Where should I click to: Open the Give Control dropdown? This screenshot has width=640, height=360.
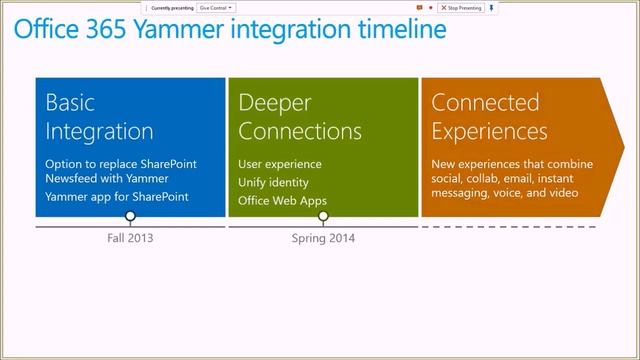click(216, 7)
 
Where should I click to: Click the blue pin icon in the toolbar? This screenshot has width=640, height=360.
click(491, 7)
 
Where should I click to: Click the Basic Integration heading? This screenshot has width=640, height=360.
click(100, 116)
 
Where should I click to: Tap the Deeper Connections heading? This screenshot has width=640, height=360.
click(300, 116)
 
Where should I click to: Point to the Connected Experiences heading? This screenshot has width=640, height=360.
click(489, 116)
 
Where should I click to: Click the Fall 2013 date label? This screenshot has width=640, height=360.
click(130, 239)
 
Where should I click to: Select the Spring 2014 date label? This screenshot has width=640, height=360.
click(323, 239)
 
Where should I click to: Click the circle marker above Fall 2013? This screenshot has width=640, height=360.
click(130, 217)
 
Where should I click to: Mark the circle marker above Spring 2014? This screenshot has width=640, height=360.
click(323, 217)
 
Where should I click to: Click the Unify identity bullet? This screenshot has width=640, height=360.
click(273, 181)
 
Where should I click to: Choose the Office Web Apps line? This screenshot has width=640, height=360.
click(282, 199)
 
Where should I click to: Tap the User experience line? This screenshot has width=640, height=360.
click(280, 163)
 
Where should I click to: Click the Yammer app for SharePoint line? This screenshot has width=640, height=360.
click(116, 197)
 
